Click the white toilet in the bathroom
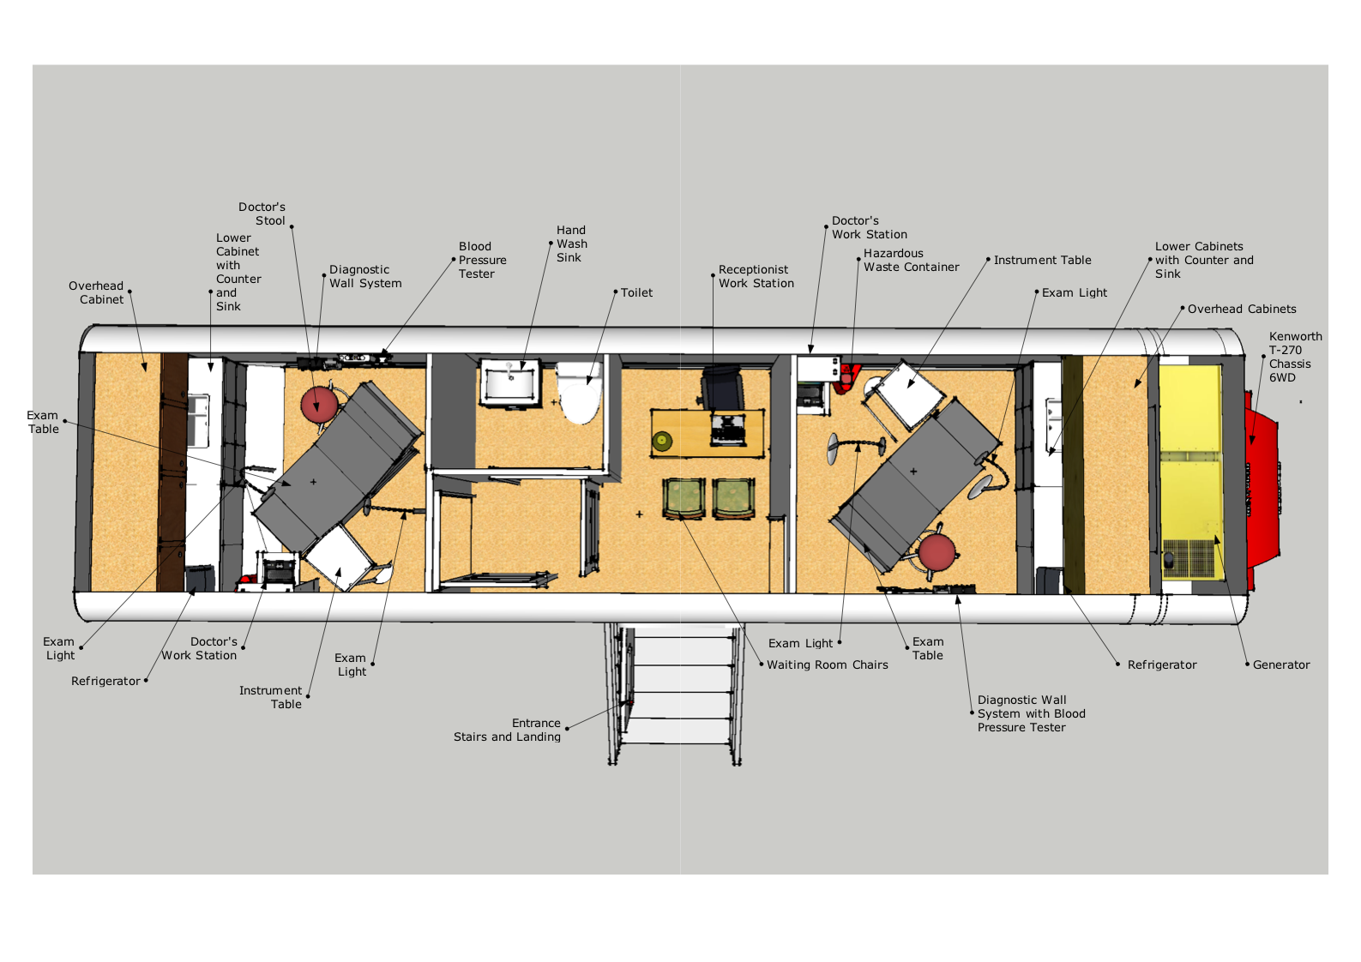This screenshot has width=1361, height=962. pos(580,393)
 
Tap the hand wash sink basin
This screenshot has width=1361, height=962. pos(509,382)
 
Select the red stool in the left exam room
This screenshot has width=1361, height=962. pos(320,405)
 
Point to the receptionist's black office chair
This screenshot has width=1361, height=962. pos(722,388)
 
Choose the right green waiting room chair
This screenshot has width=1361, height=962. pos(733,498)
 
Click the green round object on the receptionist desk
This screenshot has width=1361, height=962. pos(662,441)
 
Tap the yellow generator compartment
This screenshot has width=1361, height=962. pos(1191,472)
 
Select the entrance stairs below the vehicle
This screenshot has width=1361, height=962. pos(675,693)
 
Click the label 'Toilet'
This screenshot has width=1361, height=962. pos(636,292)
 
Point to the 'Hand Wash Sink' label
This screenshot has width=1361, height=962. pos(572,244)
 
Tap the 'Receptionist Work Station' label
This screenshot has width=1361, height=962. pos(756,276)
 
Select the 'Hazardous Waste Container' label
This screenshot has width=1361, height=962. pos(912,260)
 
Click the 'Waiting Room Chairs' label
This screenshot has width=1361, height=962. pos(827,665)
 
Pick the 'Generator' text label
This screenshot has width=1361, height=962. pos(1280,665)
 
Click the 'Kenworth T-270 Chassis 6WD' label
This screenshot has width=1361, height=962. pos(1295,357)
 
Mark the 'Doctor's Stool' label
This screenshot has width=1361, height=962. pos(262,213)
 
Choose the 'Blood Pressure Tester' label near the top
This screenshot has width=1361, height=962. pos(482,260)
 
